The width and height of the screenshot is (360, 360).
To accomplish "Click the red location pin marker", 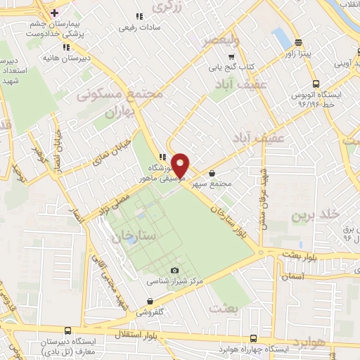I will click(x=181, y=165).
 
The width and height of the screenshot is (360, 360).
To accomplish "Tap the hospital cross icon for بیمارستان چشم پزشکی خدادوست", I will click(x=54, y=12).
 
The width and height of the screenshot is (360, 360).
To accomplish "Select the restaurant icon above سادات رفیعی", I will click(x=139, y=16).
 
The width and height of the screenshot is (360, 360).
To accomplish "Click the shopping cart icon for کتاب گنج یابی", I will click(x=231, y=57).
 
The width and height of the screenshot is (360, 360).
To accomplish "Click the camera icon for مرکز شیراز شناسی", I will click(x=175, y=270).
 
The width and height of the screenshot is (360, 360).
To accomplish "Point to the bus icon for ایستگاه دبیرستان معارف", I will click(x=67, y=330).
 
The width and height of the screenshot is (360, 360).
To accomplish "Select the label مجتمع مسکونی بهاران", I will click(x=131, y=102).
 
